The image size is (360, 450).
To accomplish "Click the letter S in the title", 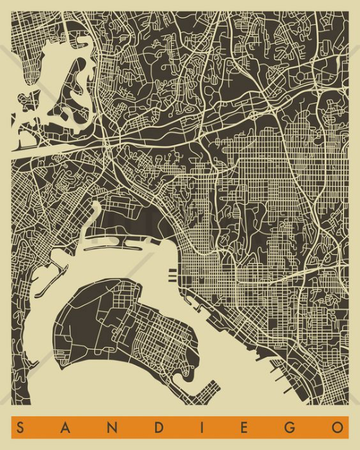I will click(x=22, y=428).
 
